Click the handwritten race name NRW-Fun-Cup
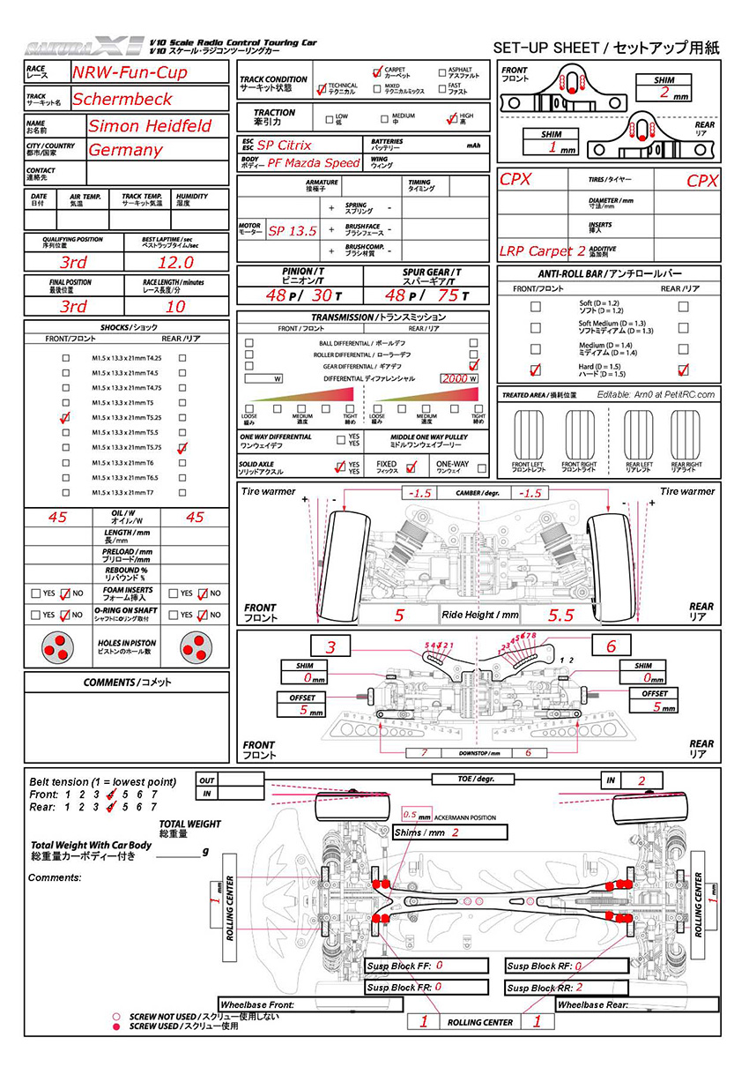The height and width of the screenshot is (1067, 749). (x=130, y=72)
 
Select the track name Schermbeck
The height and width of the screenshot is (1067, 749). (x=122, y=99)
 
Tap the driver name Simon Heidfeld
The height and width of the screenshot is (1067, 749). (x=150, y=125)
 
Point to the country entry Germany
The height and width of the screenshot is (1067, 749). (x=125, y=150)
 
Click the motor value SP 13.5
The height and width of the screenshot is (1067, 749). (x=292, y=230)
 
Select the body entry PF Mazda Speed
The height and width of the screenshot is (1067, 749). (x=314, y=163)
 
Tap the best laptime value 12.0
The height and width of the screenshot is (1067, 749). (x=176, y=263)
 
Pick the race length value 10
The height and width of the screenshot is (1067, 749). (x=176, y=307)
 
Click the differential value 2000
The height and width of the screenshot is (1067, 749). (x=454, y=378)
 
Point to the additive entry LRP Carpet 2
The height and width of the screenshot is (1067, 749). (x=542, y=251)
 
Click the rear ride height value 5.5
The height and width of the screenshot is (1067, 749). (x=560, y=615)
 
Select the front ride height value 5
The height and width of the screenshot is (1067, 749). (x=398, y=615)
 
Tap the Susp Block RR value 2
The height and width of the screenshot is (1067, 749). (x=579, y=988)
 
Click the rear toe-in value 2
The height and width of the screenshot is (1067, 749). (x=642, y=780)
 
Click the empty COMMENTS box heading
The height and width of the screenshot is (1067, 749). (x=127, y=682)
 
